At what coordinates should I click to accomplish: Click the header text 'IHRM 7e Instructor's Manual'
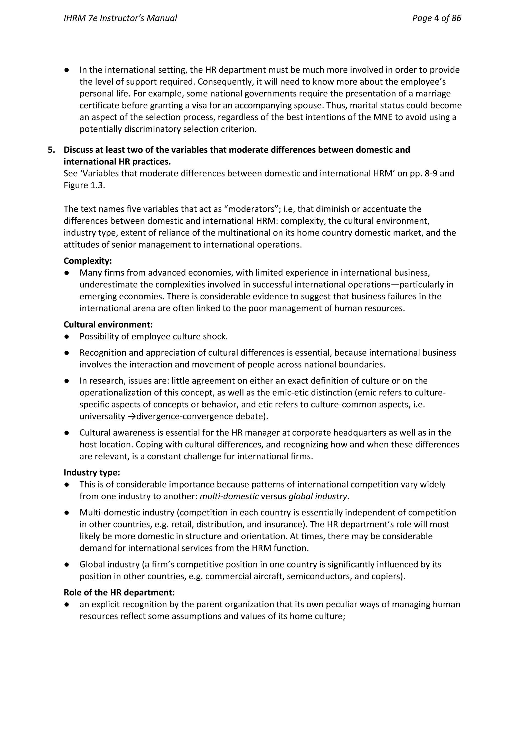[120, 18]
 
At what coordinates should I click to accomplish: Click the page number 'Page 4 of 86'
[436, 18]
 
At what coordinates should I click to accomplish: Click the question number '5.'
[52, 150]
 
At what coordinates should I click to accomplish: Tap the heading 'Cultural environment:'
[108, 324]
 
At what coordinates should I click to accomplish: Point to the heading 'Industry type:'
[92, 473]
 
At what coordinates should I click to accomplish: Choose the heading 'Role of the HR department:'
[119, 592]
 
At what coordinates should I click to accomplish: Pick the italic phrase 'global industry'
[317, 496]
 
